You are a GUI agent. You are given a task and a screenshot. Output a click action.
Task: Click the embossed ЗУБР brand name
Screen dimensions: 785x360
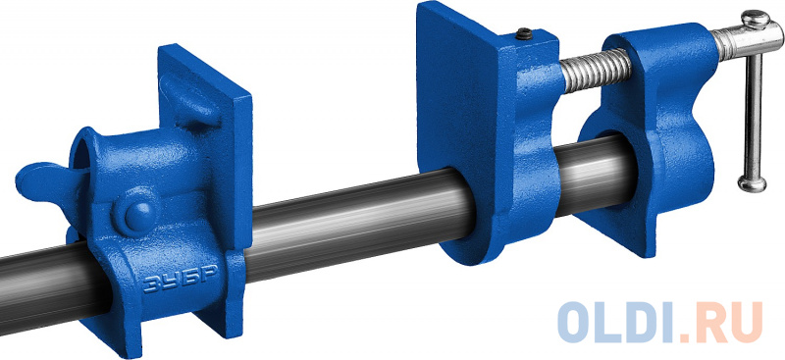(x=181, y=278)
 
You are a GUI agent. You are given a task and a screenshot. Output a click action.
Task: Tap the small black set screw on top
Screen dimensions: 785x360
(x=524, y=34)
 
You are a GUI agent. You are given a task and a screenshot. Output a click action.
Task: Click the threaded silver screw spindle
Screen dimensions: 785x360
(x=596, y=70)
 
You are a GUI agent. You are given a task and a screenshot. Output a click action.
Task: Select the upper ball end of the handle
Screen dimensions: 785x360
(x=755, y=19)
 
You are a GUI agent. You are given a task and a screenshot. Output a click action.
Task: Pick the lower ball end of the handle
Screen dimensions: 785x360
(x=752, y=183)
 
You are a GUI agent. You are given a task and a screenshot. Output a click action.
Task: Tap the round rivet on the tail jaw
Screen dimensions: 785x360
(x=138, y=215)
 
